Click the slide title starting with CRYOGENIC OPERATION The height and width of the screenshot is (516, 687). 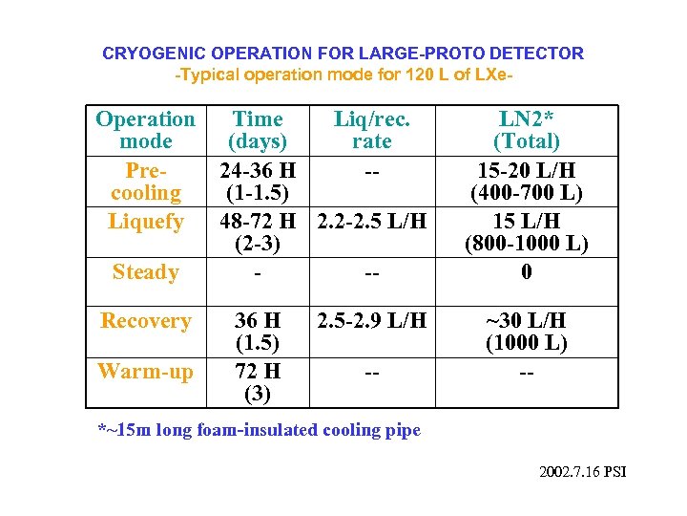point(343,54)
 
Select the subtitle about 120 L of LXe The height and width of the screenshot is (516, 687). point(343,74)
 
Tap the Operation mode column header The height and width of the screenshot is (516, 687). point(145,131)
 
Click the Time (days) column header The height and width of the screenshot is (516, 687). point(258,131)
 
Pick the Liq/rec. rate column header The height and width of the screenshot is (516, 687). point(371,131)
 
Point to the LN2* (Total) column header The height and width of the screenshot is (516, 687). point(526,131)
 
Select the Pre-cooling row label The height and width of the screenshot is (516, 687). point(145,182)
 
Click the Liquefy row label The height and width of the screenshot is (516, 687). point(145,222)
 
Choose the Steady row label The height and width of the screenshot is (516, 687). point(145,272)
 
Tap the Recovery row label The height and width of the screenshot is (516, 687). point(145,321)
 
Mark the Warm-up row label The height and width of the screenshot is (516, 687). point(145,371)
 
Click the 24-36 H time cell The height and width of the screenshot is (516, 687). point(258,171)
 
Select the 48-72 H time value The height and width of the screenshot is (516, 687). point(258,222)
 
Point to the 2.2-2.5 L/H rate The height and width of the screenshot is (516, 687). point(371,222)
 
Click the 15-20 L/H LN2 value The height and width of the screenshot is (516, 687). point(526,171)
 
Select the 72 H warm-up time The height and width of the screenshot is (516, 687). point(258,371)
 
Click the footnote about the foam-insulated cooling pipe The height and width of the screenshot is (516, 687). point(260,430)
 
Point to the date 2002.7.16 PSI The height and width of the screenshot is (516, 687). point(582,473)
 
